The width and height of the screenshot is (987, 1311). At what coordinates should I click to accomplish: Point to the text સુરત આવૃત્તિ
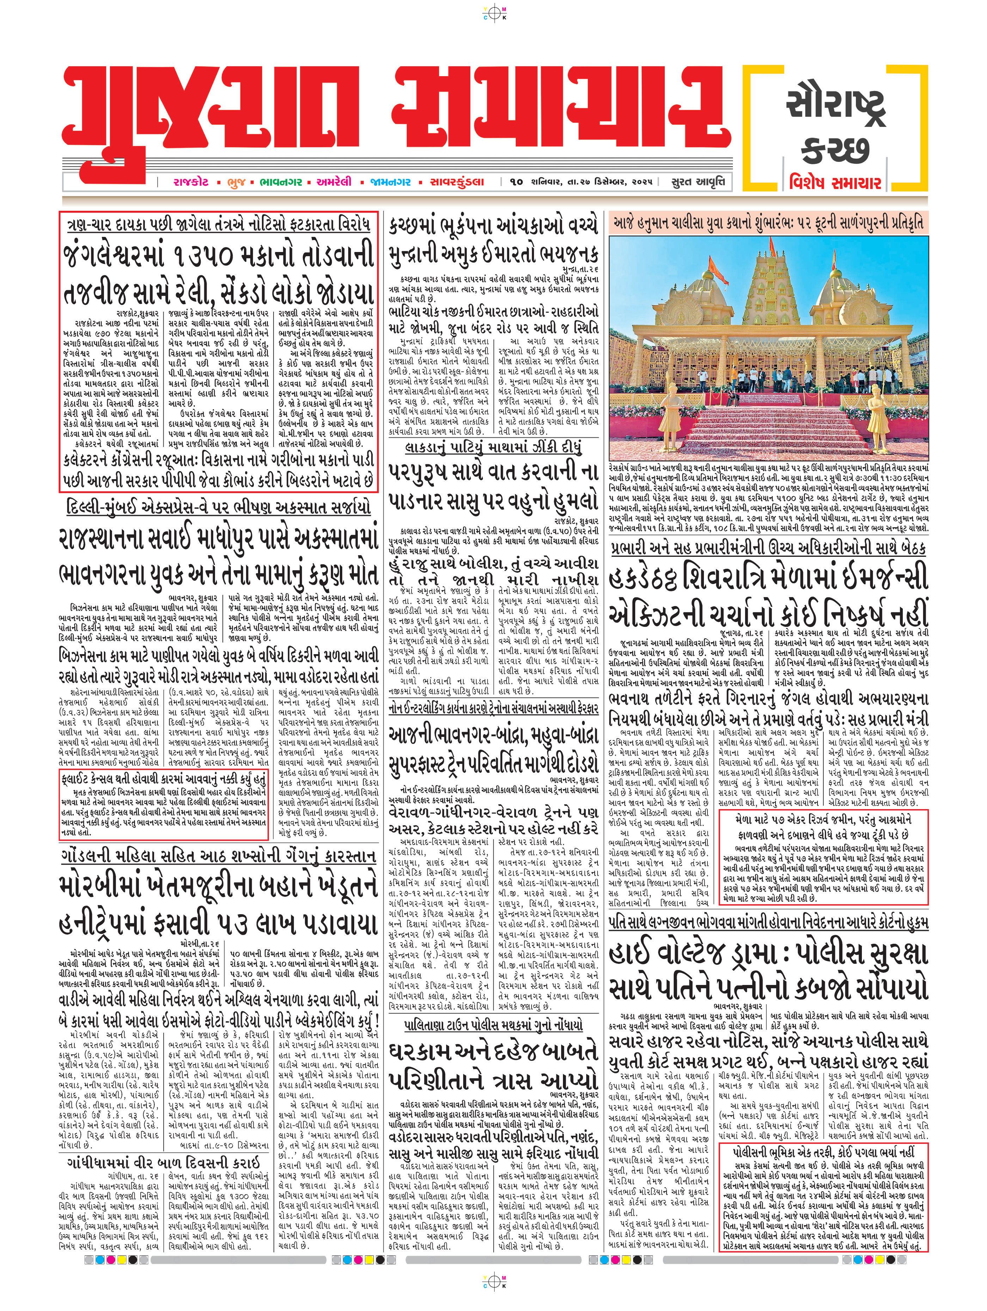coord(698,181)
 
